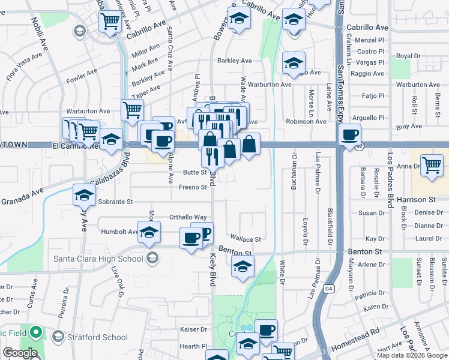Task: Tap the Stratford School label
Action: [x=98, y=337]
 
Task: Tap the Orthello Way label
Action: [x=188, y=217]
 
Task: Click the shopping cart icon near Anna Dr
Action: [x=432, y=165]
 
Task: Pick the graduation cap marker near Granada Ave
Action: [x=85, y=194]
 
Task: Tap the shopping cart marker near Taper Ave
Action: [x=132, y=110]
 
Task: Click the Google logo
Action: [x=20, y=353]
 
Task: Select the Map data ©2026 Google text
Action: [x=412, y=355]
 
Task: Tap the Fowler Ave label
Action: [x=82, y=77]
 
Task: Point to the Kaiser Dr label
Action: [x=193, y=329]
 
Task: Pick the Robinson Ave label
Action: [x=306, y=121]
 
